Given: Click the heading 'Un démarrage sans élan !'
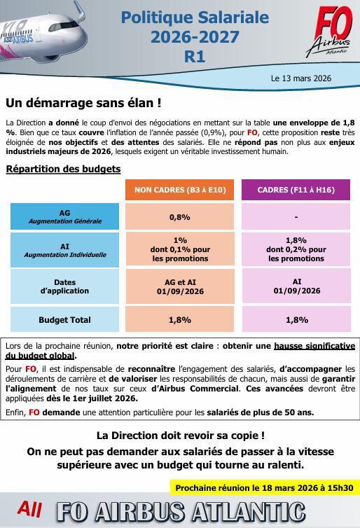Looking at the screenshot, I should click(83, 103).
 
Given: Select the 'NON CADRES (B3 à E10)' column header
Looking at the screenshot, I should click(180, 189).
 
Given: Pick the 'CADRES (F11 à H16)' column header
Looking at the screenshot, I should click(296, 189).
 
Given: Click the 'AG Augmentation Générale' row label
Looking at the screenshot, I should click(64, 216).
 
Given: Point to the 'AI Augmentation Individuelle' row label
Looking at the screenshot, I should click(64, 250).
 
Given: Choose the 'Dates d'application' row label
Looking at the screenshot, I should click(64, 286).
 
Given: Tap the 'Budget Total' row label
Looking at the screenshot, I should click(64, 320).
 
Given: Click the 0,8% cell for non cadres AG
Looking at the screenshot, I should click(180, 217).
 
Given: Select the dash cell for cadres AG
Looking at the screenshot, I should click(296, 217).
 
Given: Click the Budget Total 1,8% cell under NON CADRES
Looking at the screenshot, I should click(180, 320).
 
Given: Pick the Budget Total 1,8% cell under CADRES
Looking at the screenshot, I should click(296, 320).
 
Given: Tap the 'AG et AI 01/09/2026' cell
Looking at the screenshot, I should click(180, 286).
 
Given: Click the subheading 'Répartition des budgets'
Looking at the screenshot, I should click(63, 169).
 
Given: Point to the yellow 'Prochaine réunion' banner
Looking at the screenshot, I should click(263, 487).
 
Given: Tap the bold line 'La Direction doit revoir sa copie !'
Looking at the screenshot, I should click(180, 435).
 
